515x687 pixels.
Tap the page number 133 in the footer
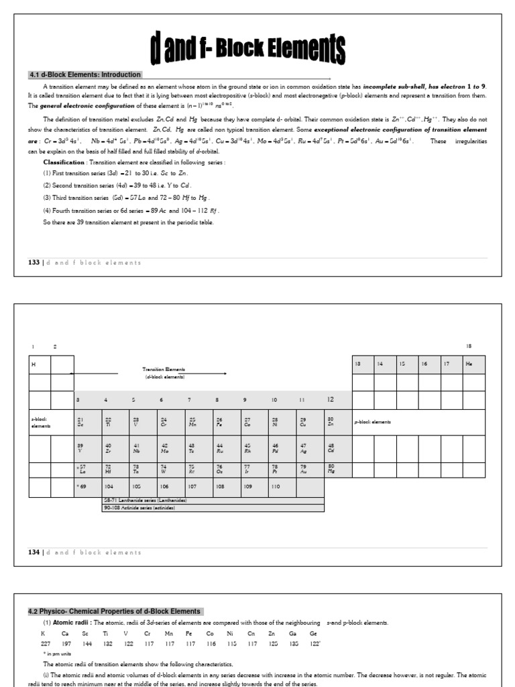34,262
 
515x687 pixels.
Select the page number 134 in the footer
34,552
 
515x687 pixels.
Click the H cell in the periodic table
40,364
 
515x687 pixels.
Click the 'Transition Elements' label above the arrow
164,369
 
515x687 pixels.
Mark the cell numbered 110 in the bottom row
274,488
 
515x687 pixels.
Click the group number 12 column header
330,400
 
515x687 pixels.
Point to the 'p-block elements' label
372,422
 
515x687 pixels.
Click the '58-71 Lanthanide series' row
146,500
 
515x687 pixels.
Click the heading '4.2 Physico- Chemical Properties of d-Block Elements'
114,611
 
